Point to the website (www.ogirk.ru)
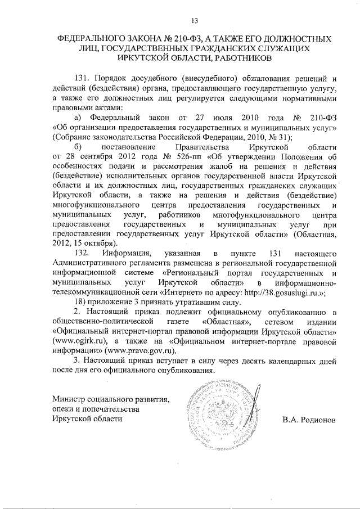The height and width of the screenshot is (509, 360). point(80,340)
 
